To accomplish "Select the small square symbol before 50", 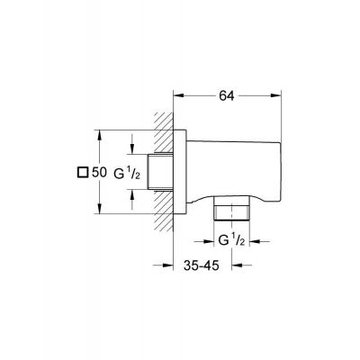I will (84, 172).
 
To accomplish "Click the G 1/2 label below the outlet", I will (232, 240).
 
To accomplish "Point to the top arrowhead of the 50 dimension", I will (98, 136).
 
